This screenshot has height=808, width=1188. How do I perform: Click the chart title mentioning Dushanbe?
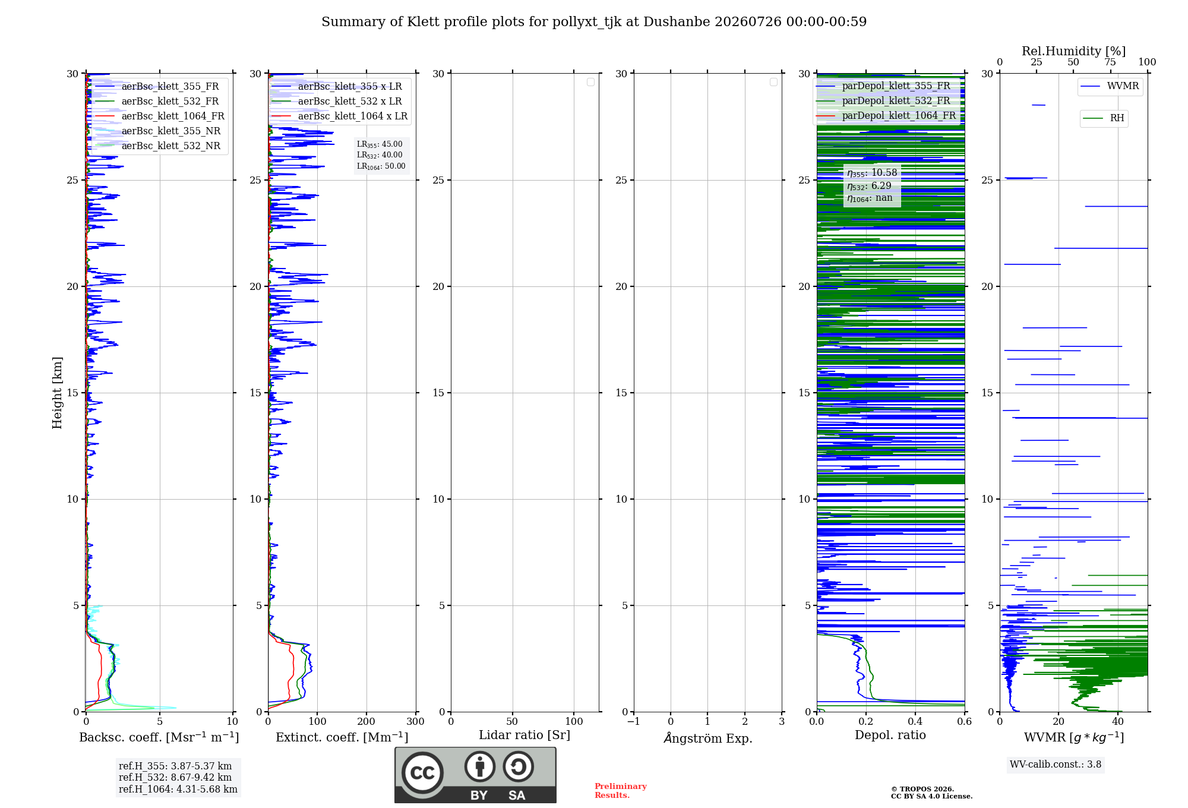coord(594,22)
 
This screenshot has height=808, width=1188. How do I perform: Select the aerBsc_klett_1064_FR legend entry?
coord(160,116)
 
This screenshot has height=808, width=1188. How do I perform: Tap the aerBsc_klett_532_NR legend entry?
coord(158,146)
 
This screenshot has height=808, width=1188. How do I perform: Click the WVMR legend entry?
coord(1110,86)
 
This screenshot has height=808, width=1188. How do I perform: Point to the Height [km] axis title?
coord(57,393)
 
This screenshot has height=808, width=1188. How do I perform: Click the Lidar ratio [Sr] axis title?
coord(525,735)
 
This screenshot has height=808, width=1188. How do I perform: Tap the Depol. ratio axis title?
coord(890,735)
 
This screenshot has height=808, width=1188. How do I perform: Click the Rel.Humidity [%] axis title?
coord(1074,51)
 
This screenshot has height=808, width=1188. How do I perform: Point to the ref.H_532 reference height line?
coord(175,777)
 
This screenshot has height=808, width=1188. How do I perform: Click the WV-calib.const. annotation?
coord(1056,764)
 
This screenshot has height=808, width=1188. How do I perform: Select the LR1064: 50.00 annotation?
coord(381,166)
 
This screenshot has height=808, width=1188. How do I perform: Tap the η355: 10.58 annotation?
coord(872,173)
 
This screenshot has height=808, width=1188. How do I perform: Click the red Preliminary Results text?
coord(621,790)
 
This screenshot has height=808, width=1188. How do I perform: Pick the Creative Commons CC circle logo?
coord(422,772)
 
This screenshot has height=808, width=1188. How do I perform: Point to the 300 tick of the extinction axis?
coord(416,721)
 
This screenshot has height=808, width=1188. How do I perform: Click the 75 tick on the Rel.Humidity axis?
coord(1110,62)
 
